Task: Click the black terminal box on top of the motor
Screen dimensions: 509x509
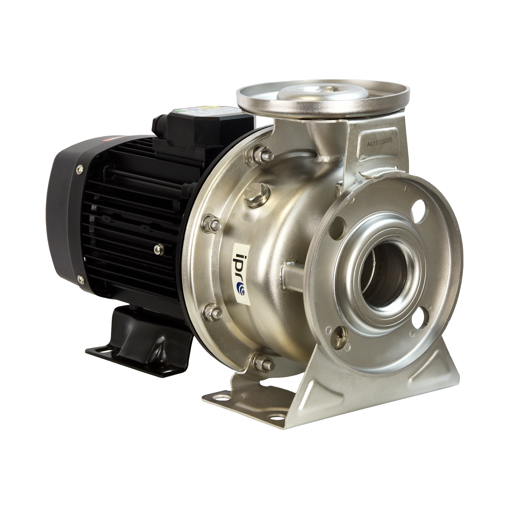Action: pyautogui.click(x=203, y=127)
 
